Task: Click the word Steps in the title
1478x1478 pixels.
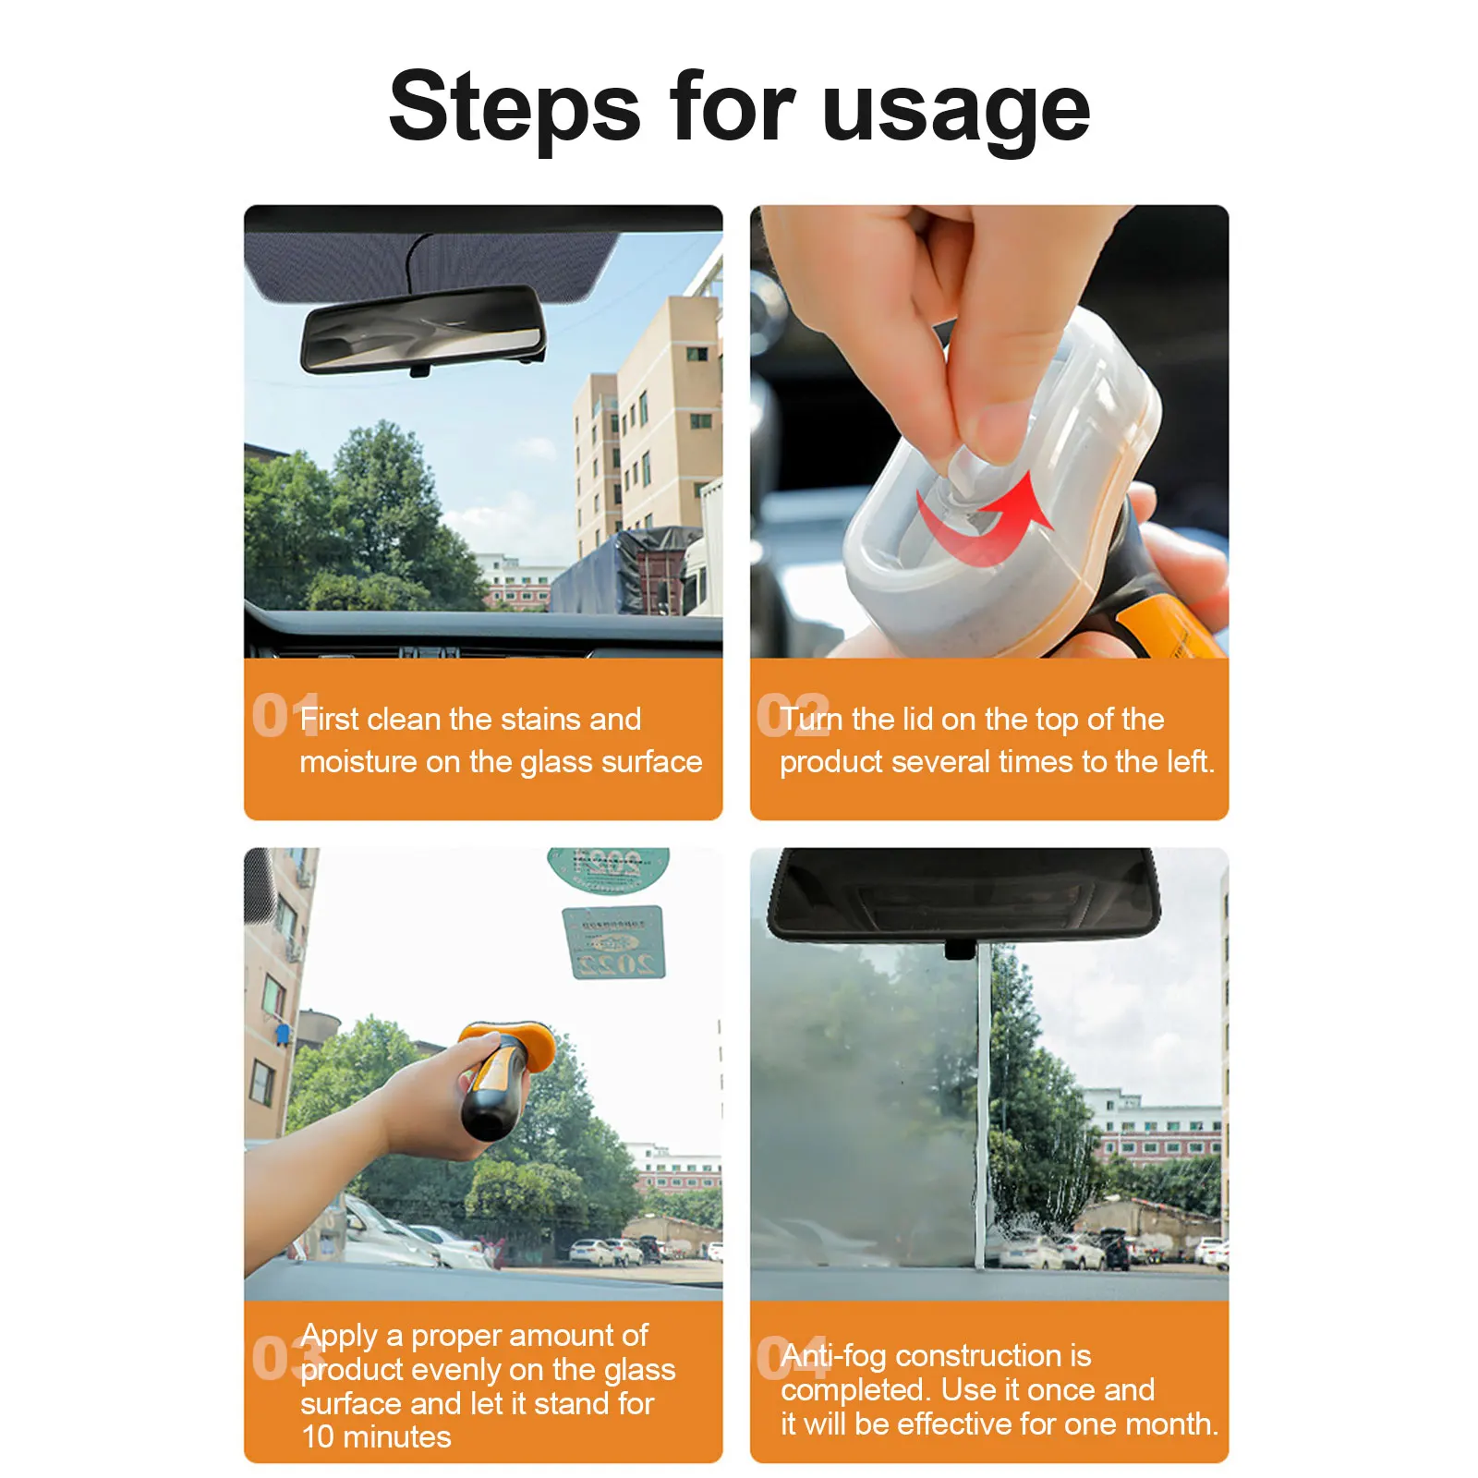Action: tap(515, 109)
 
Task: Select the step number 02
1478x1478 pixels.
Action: tap(793, 716)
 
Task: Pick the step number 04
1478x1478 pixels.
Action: tap(793, 1358)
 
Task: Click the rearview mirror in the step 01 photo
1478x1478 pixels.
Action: tap(423, 330)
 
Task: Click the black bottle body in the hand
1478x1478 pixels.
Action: tap(491, 1095)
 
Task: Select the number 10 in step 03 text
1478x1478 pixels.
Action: tap(318, 1437)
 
